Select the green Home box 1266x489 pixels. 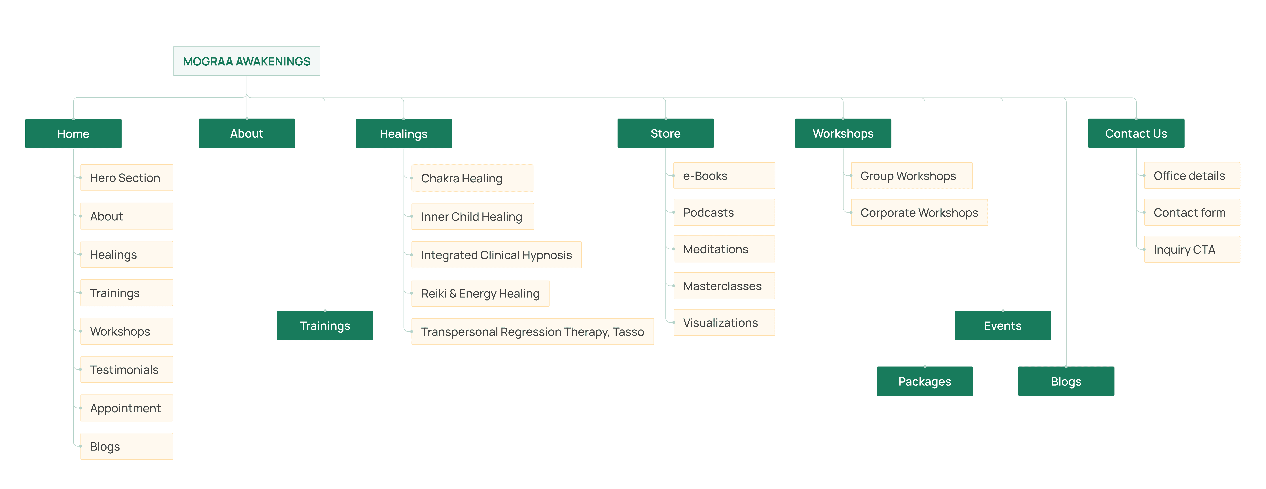click(73, 134)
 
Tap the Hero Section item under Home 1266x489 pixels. click(126, 178)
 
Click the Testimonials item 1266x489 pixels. click(126, 370)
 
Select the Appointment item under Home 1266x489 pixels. click(126, 408)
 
